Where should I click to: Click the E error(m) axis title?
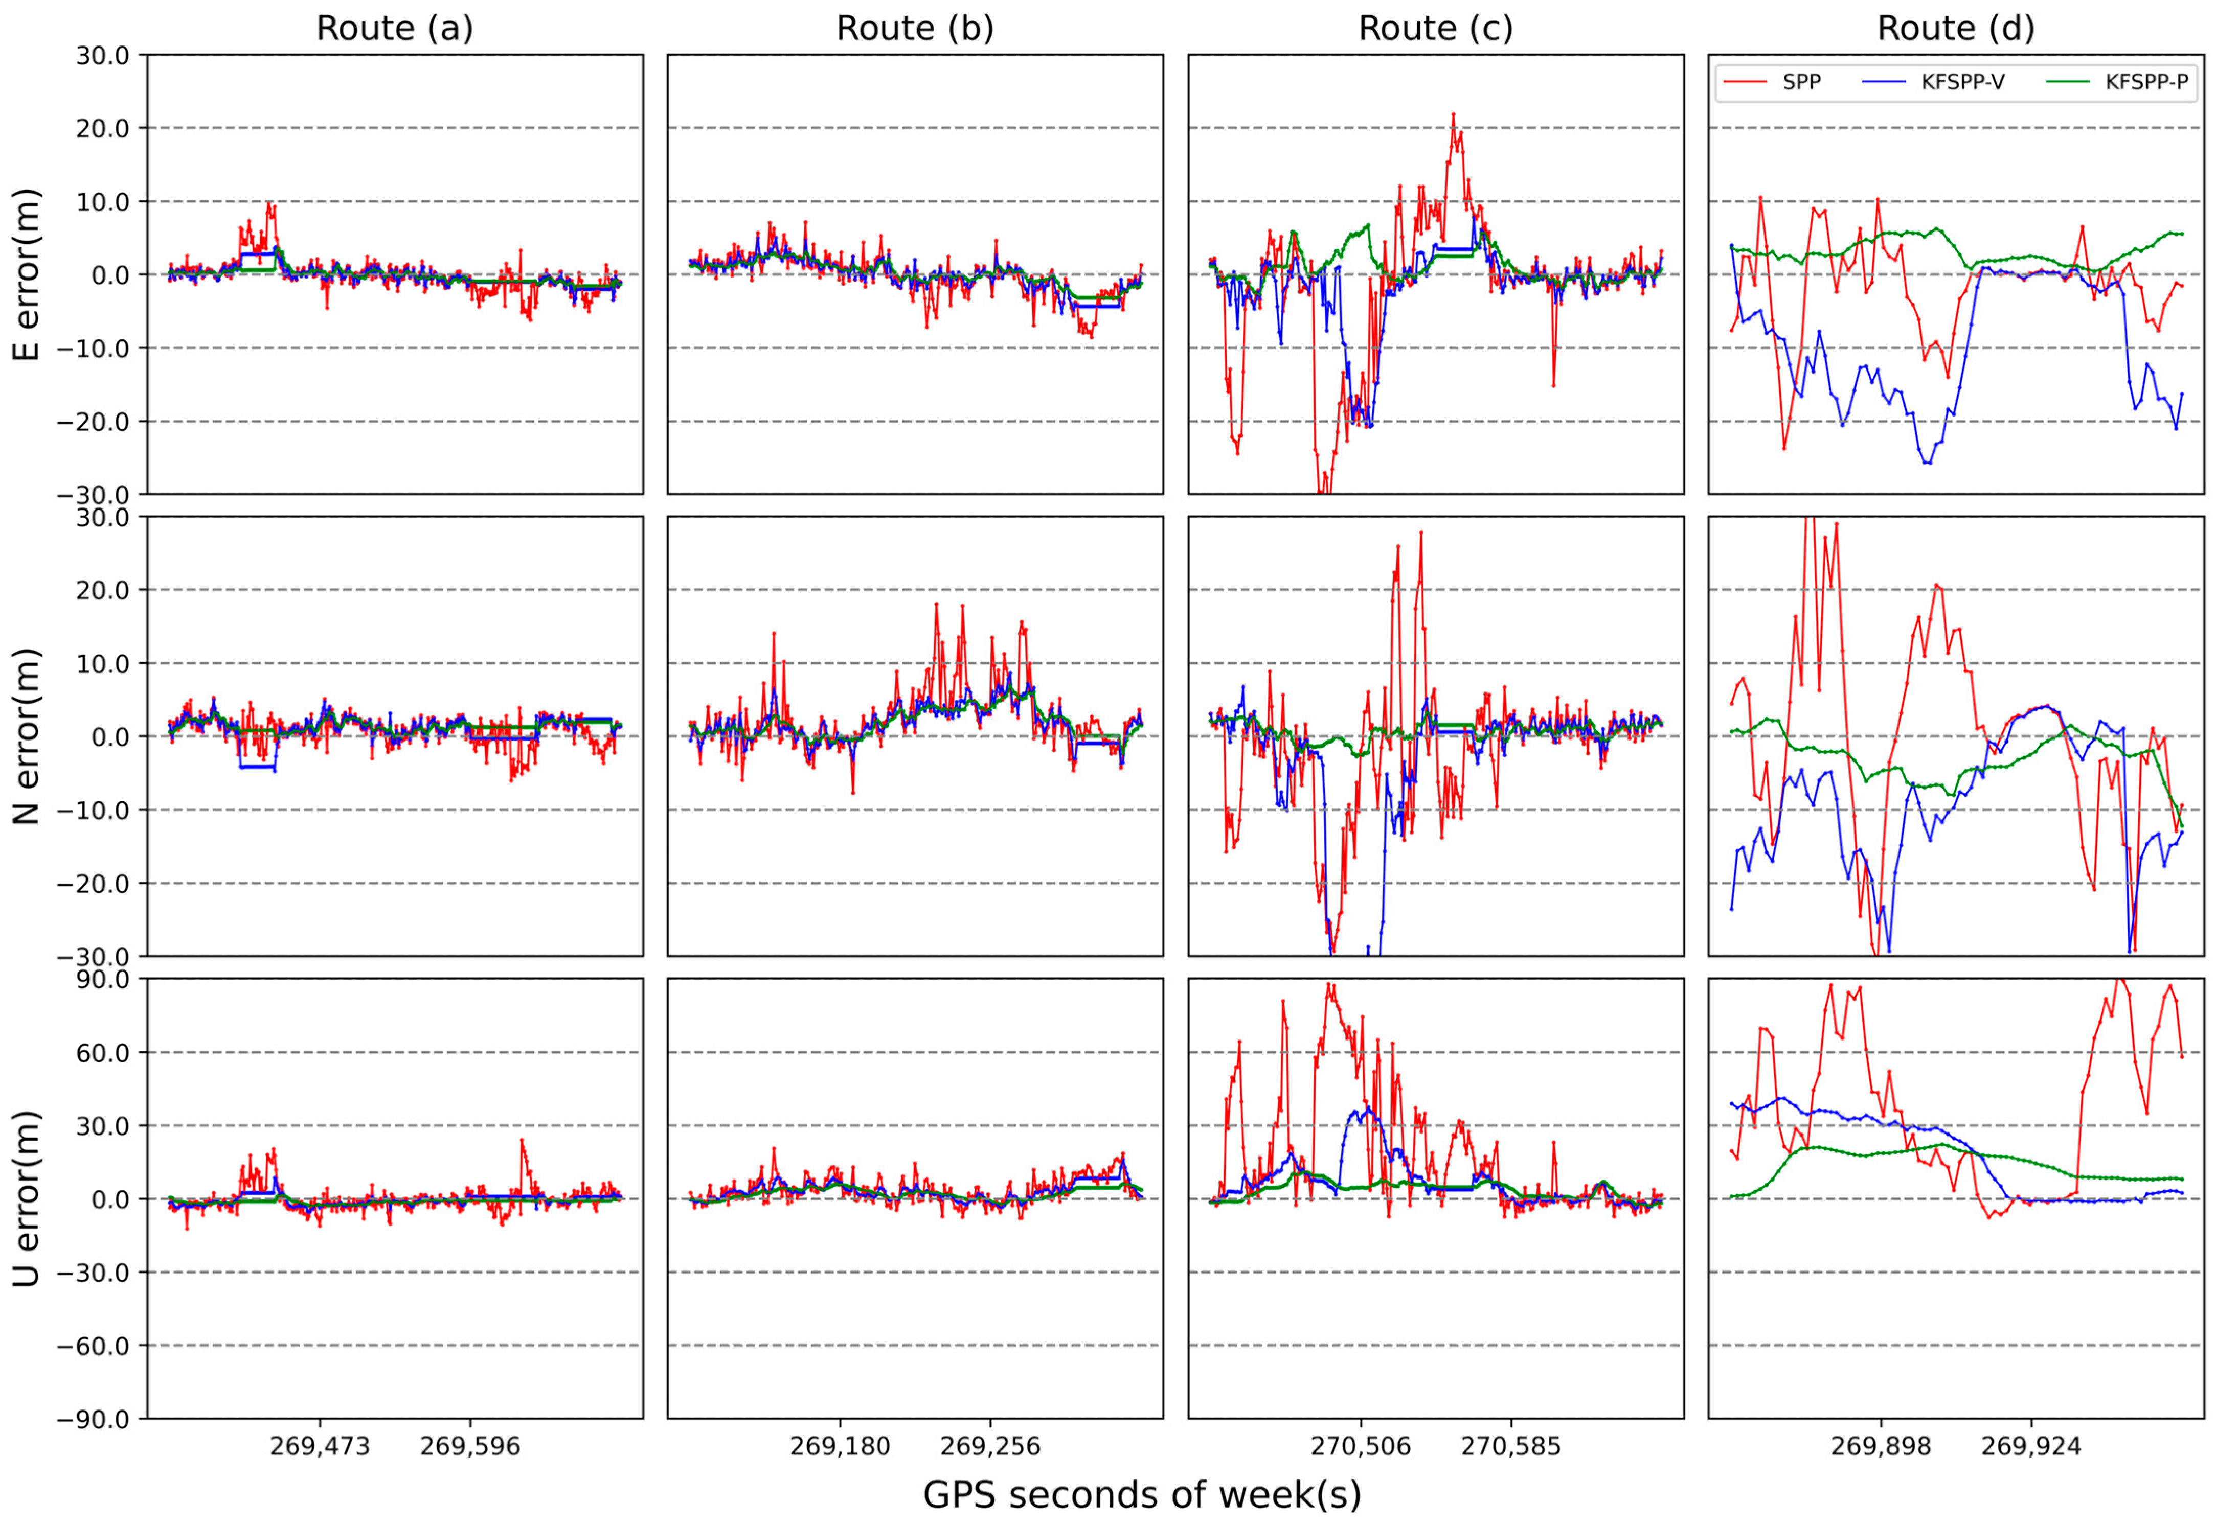click(27, 274)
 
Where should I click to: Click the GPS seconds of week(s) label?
click(1141, 1494)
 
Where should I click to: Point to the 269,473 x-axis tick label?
click(320, 1446)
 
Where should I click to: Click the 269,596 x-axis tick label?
click(469, 1446)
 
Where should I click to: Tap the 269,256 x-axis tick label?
click(990, 1446)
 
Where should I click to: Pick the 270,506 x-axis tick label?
click(1360, 1446)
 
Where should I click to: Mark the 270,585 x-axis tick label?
click(1510, 1446)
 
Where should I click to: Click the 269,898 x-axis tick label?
click(1880, 1446)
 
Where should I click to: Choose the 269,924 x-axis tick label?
click(2030, 1446)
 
